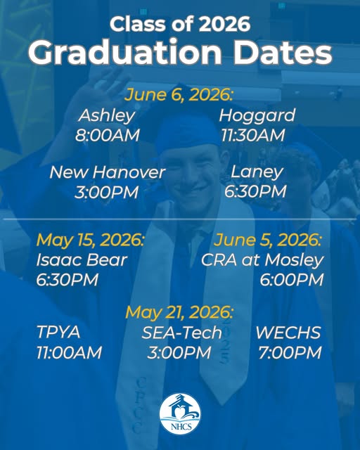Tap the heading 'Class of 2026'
pyautogui.click(x=180, y=24)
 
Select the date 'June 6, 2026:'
pyautogui.click(x=180, y=95)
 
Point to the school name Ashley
pyautogui.click(x=107, y=115)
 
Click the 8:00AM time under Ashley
pyautogui.click(x=108, y=134)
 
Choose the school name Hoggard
pyautogui.click(x=257, y=115)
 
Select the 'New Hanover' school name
pyautogui.click(x=108, y=172)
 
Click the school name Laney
pyautogui.click(x=257, y=172)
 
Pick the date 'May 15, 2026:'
pyautogui.click(x=90, y=240)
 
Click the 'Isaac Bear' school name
pyautogui.click(x=82, y=260)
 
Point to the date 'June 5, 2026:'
pyautogui.click(x=269, y=240)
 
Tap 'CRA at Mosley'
pyautogui.click(x=262, y=260)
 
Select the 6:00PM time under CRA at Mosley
pyautogui.click(x=292, y=280)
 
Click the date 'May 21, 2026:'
pyautogui.click(x=180, y=311)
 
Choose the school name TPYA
pyautogui.click(x=58, y=333)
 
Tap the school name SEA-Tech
pyautogui.click(x=181, y=333)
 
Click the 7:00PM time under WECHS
pyautogui.click(x=289, y=352)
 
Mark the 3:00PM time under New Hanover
pyautogui.click(x=108, y=191)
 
